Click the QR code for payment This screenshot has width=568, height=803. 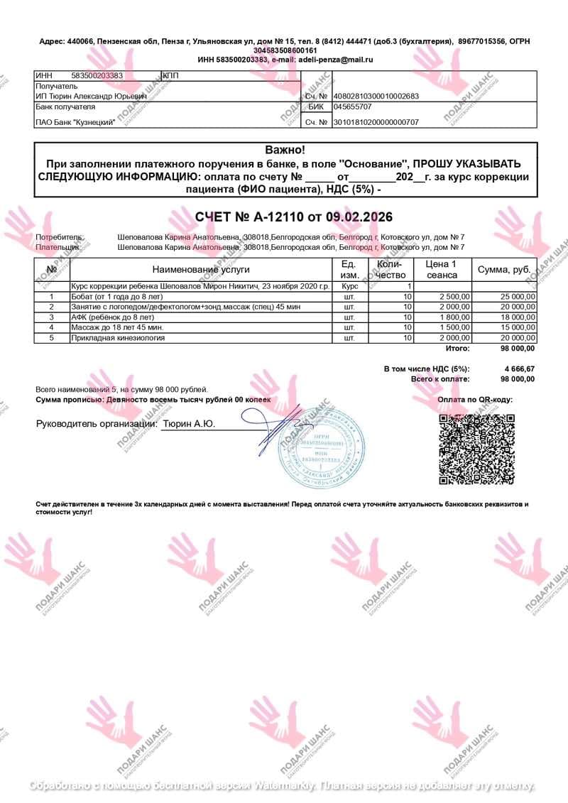(x=475, y=448)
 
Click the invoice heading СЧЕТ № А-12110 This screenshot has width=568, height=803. (x=293, y=217)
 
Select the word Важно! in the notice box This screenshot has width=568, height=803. (x=285, y=150)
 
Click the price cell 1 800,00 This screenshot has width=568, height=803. (x=454, y=317)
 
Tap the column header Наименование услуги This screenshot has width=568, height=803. (x=201, y=270)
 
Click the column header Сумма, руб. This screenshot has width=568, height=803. (x=504, y=270)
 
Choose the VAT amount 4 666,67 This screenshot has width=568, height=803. (x=519, y=369)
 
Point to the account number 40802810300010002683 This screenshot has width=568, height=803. (x=376, y=96)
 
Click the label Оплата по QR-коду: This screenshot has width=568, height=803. (x=475, y=400)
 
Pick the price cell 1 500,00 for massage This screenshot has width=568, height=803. (x=454, y=327)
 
